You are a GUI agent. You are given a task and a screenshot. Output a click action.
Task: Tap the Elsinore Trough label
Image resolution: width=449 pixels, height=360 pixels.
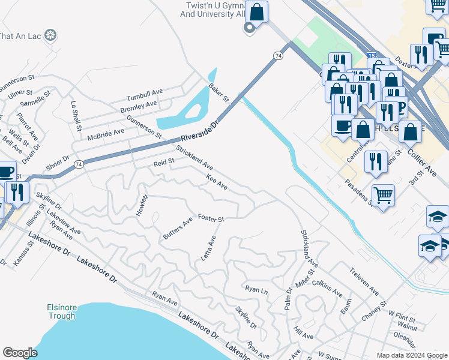(61, 312)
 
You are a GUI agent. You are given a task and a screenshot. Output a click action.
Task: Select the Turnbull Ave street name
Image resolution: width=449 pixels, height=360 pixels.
(145, 95)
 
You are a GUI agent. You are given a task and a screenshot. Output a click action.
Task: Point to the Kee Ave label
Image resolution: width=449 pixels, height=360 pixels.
(216, 182)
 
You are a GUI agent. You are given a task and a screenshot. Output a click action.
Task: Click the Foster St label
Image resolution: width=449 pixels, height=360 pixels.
(211, 218)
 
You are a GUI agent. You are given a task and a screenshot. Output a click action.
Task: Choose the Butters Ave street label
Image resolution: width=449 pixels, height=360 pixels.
(178, 229)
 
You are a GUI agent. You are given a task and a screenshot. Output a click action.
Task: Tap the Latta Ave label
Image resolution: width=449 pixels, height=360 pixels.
(208, 247)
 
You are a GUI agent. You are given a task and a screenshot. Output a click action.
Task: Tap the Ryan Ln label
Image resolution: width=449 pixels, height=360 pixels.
(256, 289)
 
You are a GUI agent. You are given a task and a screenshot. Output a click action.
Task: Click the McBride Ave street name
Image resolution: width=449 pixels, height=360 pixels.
(106, 134)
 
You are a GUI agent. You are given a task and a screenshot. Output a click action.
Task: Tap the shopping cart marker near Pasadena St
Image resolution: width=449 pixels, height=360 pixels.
(383, 194)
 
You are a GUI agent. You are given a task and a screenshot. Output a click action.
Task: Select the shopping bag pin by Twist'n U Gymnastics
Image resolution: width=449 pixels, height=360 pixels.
(256, 11)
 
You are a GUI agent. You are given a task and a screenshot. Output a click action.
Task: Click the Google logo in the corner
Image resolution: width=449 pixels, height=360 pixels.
(20, 353)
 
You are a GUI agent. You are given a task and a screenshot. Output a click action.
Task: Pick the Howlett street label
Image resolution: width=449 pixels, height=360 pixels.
(142, 205)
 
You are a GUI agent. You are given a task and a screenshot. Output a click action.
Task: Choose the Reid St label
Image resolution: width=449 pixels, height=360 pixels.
(163, 162)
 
